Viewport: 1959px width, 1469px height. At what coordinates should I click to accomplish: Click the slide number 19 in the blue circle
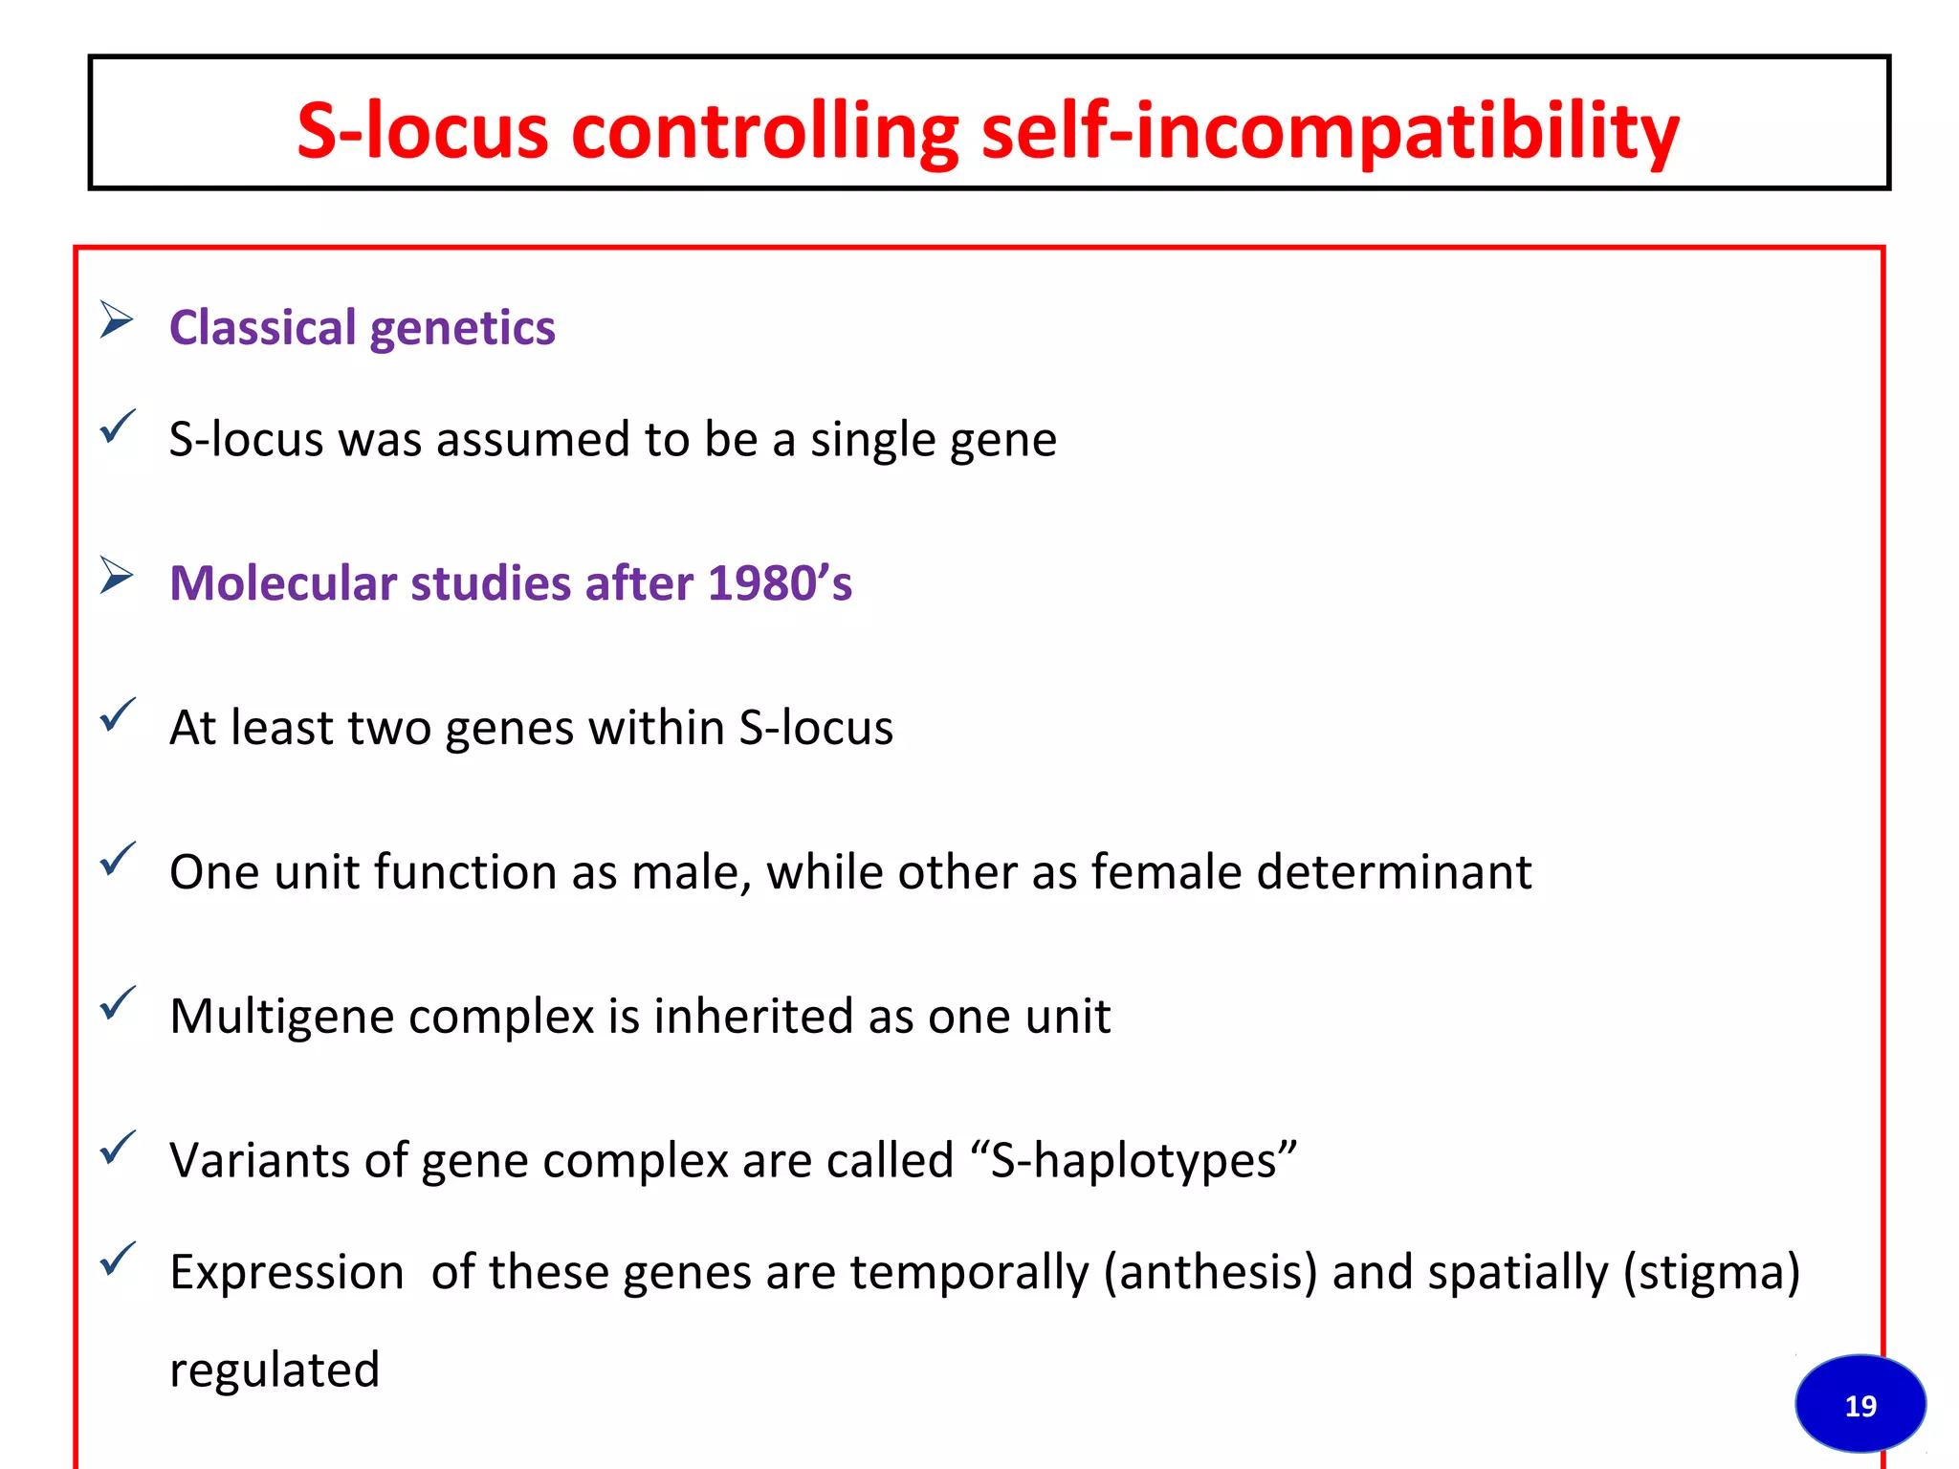pyautogui.click(x=1860, y=1405)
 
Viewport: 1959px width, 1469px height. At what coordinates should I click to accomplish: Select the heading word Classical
pyautogui.click(x=262, y=328)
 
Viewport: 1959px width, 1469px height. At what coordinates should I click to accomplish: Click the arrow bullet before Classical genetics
pyautogui.click(x=117, y=319)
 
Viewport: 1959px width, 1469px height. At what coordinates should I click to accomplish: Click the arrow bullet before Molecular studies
pyautogui.click(x=117, y=576)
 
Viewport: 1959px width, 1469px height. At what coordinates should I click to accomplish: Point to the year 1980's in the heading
pyautogui.click(x=779, y=582)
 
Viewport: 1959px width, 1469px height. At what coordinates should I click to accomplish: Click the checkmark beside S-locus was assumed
pyautogui.click(x=118, y=427)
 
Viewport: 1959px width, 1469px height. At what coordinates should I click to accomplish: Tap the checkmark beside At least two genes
pyautogui.click(x=118, y=714)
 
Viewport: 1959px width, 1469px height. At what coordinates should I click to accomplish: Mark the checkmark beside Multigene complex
pyautogui.click(x=118, y=1003)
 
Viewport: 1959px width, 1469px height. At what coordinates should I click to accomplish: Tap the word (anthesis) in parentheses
pyautogui.click(x=1210, y=1273)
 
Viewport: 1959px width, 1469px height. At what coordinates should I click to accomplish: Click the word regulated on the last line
pyautogui.click(x=275, y=1370)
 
